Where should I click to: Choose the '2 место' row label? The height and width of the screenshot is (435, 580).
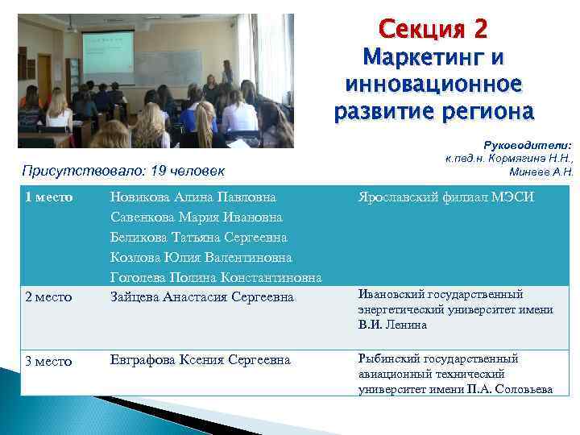click(x=49, y=298)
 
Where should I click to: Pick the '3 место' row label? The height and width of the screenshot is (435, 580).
click(x=49, y=361)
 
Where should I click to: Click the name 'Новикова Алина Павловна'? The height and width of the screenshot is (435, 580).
click(x=193, y=197)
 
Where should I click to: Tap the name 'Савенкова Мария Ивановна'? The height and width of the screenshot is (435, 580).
click(x=196, y=217)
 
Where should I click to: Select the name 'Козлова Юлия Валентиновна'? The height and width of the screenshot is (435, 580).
click(x=201, y=258)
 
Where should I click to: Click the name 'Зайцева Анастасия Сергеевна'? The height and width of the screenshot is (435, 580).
click(x=201, y=298)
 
